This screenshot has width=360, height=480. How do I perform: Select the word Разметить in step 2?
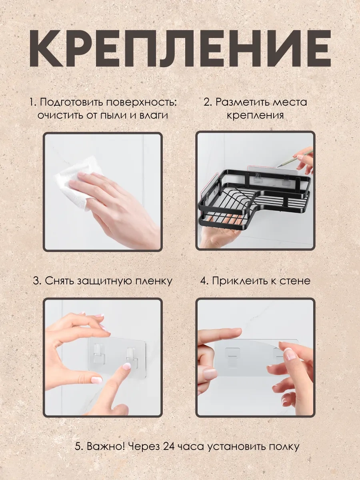[x=244, y=102]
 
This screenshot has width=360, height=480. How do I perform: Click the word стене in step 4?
[x=296, y=280]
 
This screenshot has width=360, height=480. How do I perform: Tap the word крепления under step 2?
[x=255, y=115]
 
